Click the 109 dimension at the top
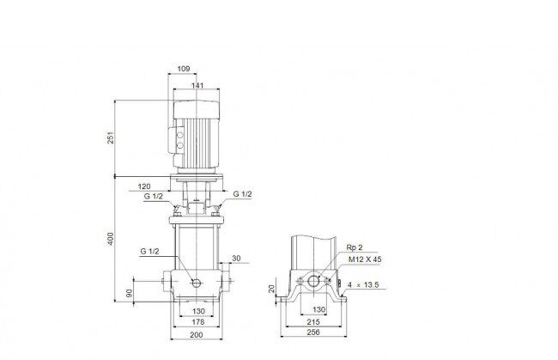pos(183,69)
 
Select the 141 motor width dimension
pos(197,85)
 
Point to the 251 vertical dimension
pos(111,137)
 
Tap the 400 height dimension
pos(111,239)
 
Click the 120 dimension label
pos(144,186)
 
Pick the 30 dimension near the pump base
pos(236,259)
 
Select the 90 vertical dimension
pos(130,293)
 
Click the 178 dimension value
pos(198,322)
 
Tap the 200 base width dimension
pos(197,335)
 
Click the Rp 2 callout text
pos(355,247)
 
